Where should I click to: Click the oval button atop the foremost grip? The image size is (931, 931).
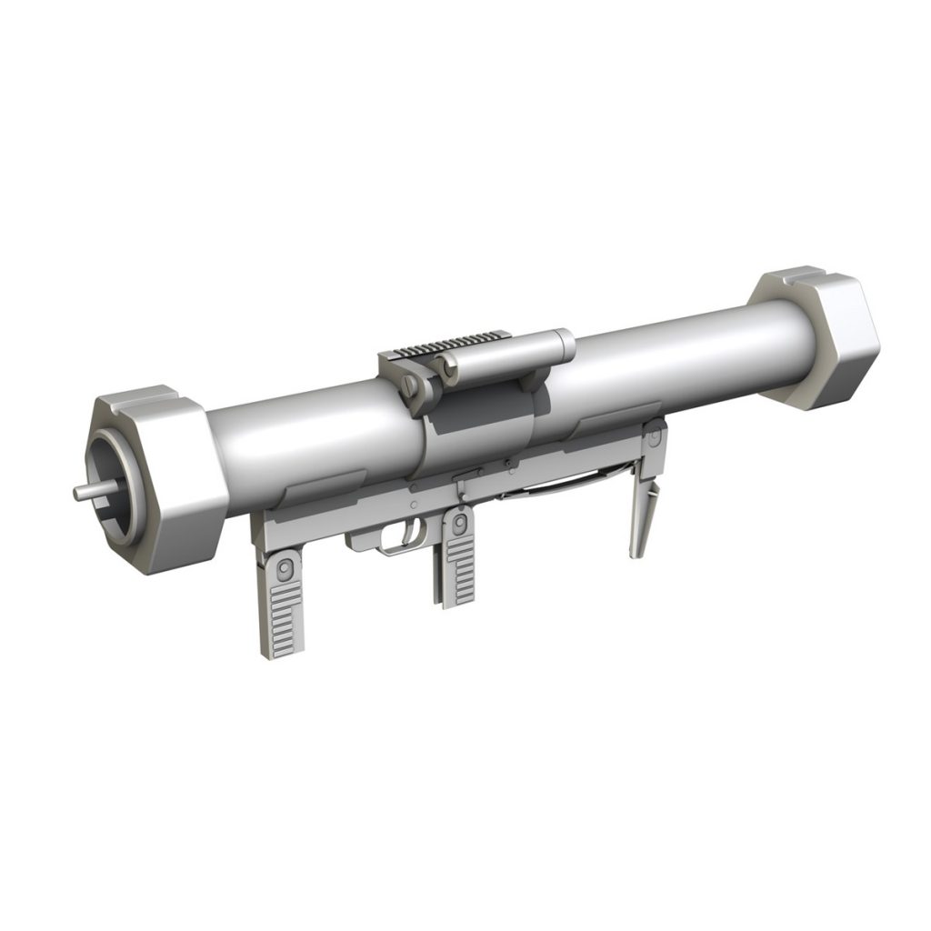285,567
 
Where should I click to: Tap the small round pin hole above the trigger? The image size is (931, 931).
415,503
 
